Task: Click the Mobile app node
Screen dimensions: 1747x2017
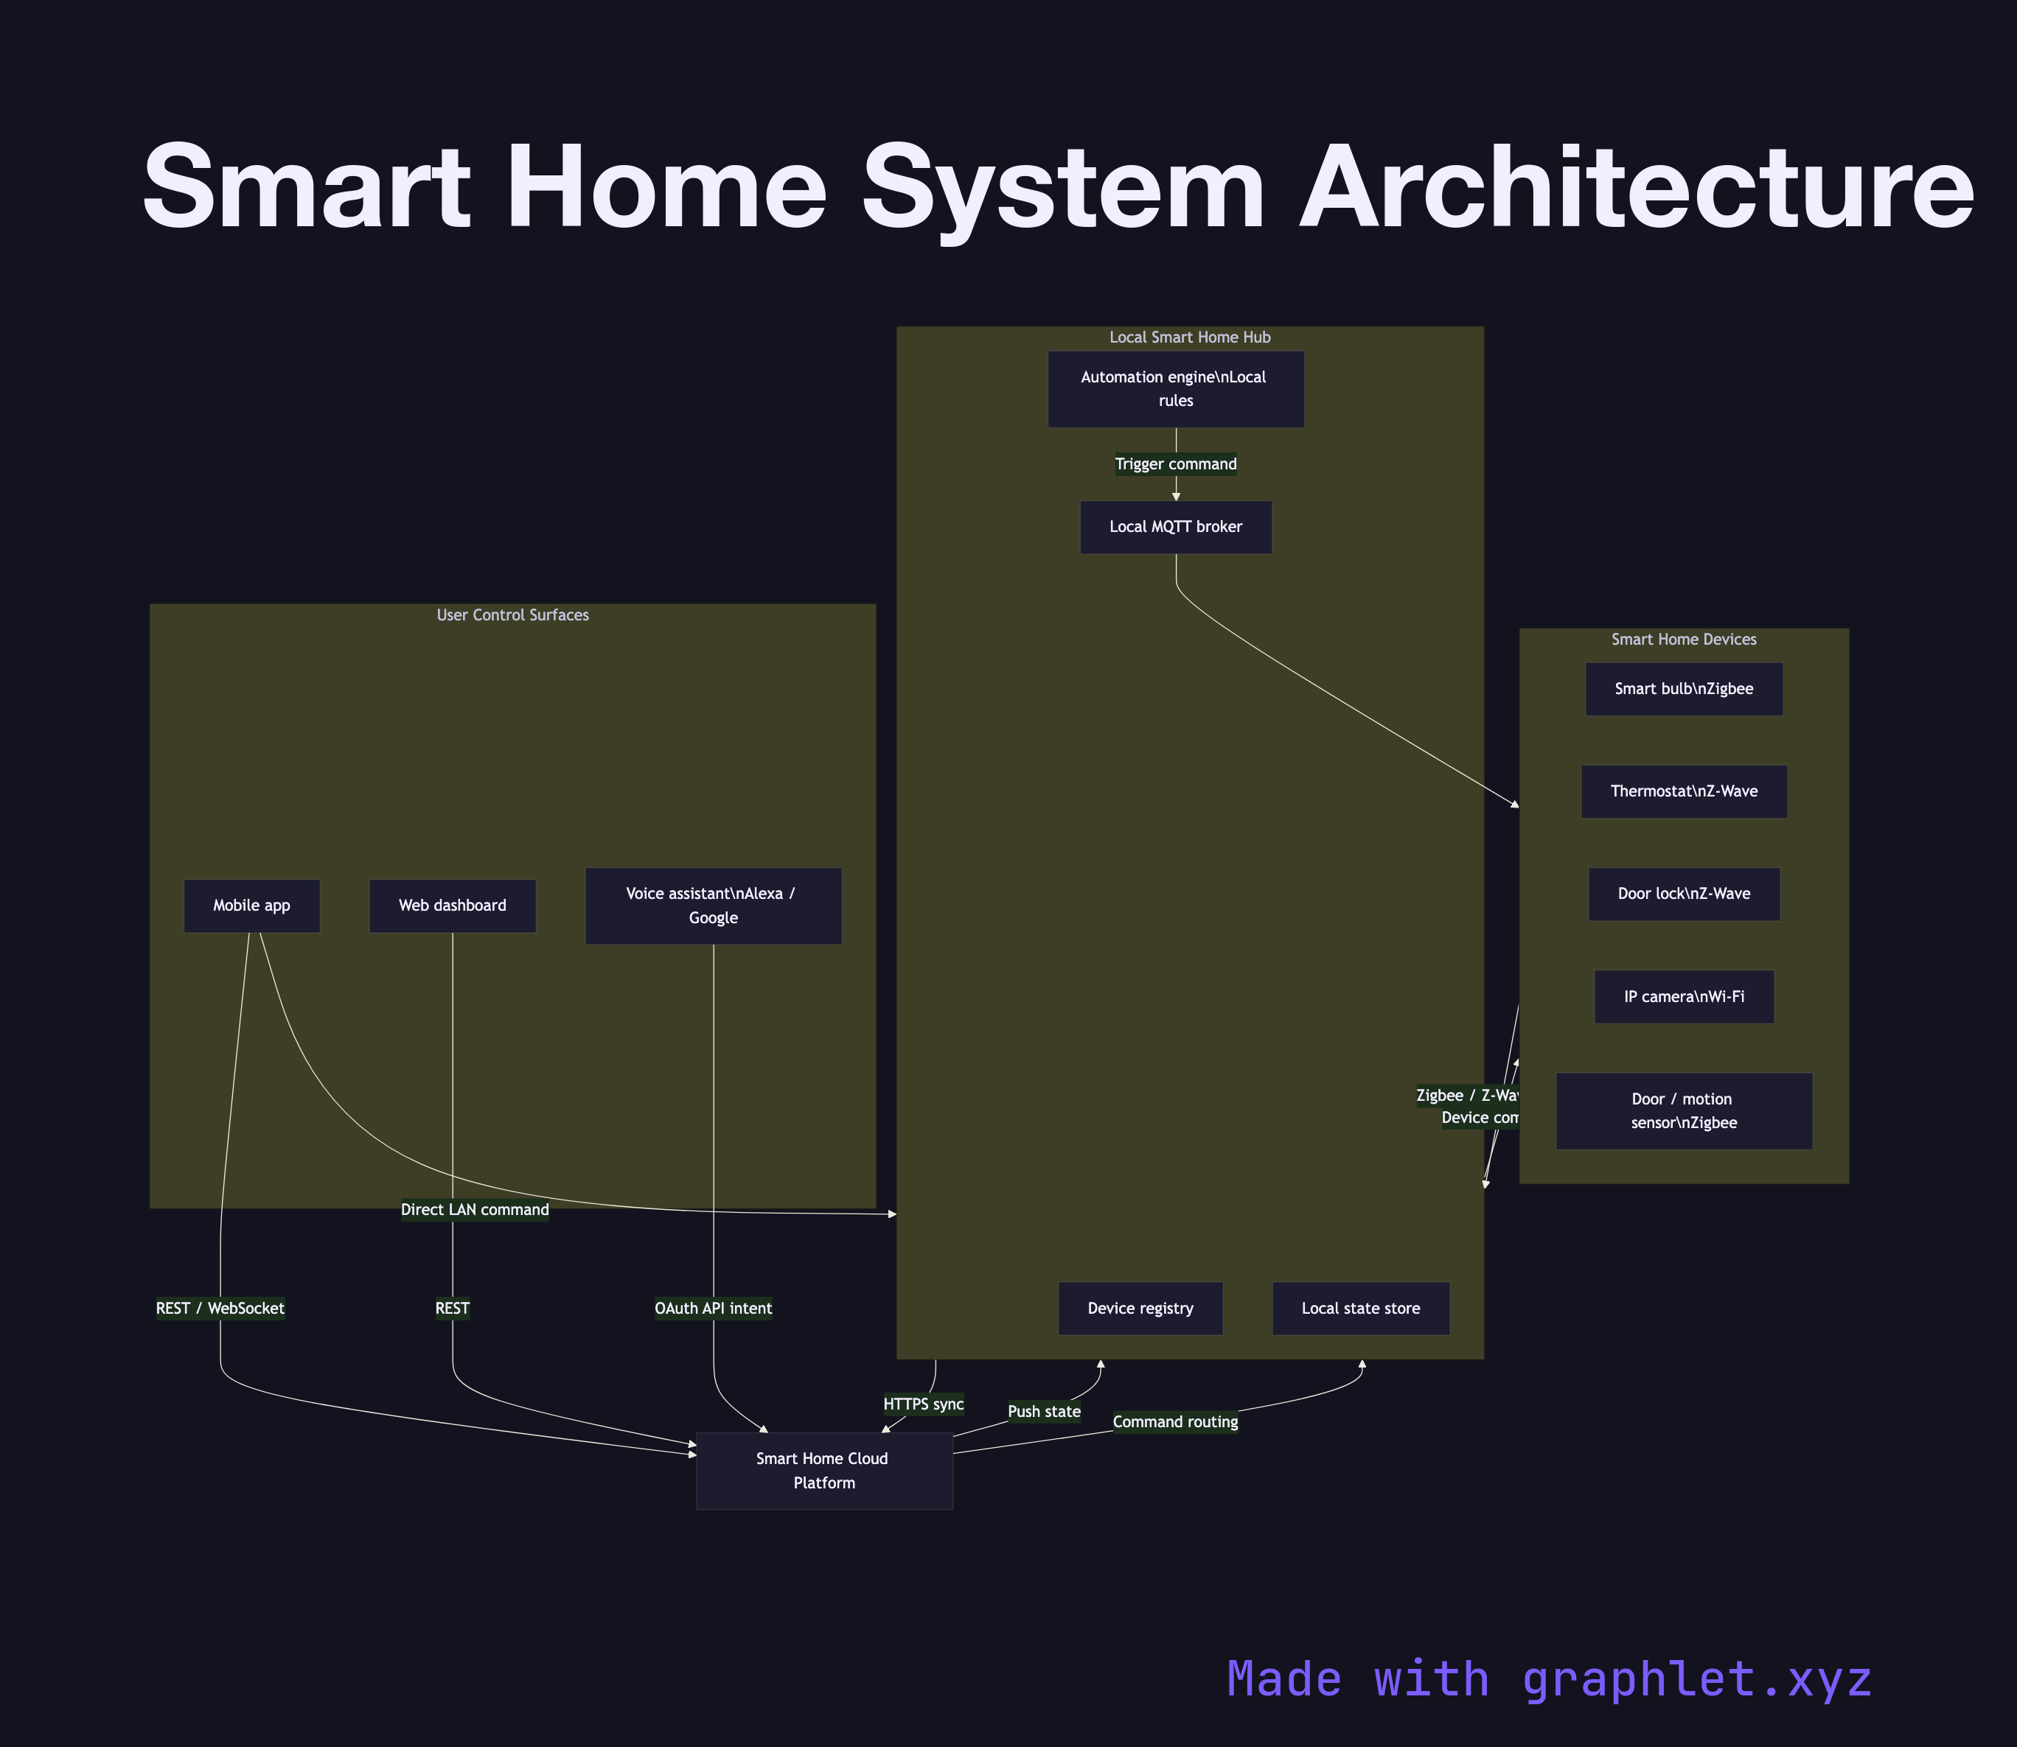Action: pyautogui.click(x=251, y=906)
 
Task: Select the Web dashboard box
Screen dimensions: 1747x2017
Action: pyautogui.click(x=453, y=906)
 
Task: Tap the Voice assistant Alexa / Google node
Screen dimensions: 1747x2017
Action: pyautogui.click(x=713, y=906)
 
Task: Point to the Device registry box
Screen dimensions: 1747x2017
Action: pyautogui.click(x=1140, y=1309)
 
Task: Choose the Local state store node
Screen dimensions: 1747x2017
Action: pyautogui.click(x=1361, y=1309)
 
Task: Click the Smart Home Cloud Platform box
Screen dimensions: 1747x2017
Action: pyautogui.click(x=824, y=1470)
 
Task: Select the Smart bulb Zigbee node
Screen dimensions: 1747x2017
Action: pyautogui.click(x=1684, y=689)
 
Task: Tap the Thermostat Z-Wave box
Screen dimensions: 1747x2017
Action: pyautogui.click(x=1684, y=791)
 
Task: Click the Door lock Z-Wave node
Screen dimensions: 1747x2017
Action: pyautogui.click(x=1684, y=894)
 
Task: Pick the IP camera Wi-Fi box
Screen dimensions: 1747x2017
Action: pyautogui.click(x=1684, y=996)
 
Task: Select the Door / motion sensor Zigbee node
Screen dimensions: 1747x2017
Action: pyautogui.click(x=1684, y=1110)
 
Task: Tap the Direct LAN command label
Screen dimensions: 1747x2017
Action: pyautogui.click(x=475, y=1210)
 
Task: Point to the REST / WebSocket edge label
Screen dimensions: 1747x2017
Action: pyautogui.click(x=220, y=1309)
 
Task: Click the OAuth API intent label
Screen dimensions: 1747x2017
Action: pyautogui.click(x=713, y=1309)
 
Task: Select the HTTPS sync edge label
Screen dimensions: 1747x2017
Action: pyautogui.click(x=923, y=1404)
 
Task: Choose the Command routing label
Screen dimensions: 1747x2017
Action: pyautogui.click(x=1175, y=1421)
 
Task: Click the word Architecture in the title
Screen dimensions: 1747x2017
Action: pyautogui.click(x=1636, y=187)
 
